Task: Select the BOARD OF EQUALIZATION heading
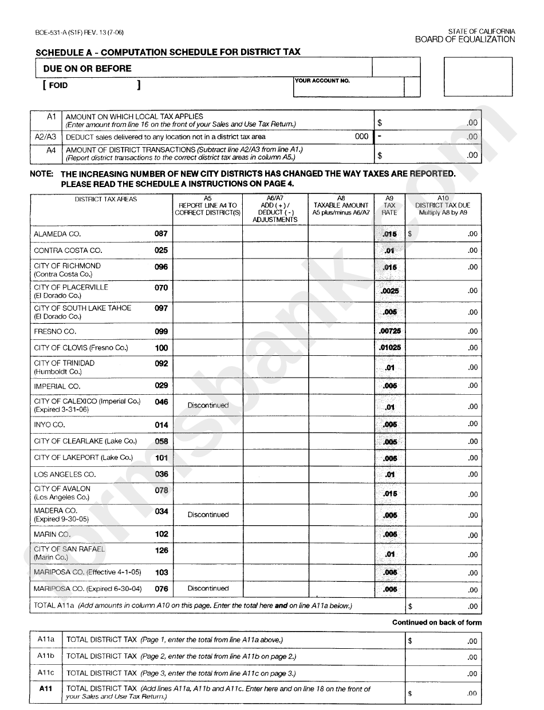coord(465,39)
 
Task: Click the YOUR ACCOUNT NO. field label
coord(322,81)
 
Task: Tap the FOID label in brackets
coord(58,85)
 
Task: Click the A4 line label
coord(51,150)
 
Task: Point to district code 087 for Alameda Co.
coord(161,233)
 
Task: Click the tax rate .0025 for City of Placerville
coord(389,291)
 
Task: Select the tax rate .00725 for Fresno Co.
coord(389,331)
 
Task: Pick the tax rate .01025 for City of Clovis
coord(389,347)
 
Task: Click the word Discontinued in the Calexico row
coord(208,405)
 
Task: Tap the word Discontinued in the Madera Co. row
coord(208,514)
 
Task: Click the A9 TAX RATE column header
coord(389,205)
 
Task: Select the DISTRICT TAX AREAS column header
coord(106,199)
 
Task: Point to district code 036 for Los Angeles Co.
coord(161,474)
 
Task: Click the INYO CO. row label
coord(49,425)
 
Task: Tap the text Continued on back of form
coord(437,622)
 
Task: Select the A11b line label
coord(46,656)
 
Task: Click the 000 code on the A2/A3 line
coord(362,137)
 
